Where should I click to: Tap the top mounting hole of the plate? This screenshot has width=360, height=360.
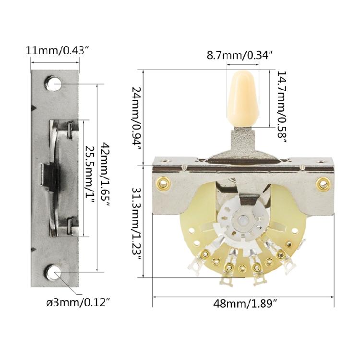pos(55,84)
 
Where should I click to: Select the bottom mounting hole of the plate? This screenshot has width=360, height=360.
pos(54,273)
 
